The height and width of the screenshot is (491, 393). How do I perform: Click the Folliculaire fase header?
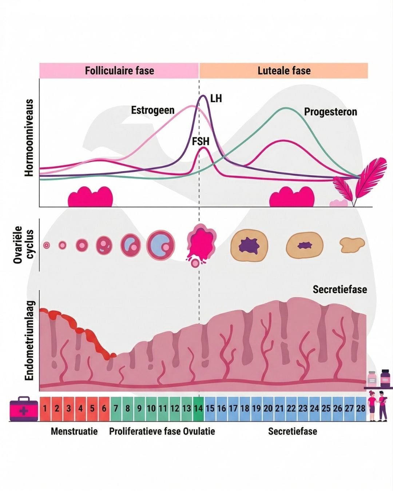[119, 71]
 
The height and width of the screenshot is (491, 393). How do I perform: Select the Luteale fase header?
[284, 71]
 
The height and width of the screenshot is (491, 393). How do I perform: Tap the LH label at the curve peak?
[216, 99]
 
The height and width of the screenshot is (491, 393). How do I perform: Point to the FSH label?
[201, 141]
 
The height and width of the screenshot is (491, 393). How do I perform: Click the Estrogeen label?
[152, 110]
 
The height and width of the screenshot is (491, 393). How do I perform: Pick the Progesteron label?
[330, 112]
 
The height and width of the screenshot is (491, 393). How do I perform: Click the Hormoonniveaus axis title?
[29, 138]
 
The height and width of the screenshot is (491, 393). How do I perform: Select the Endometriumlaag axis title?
[29, 340]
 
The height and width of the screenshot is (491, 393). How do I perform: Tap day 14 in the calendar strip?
[198, 408]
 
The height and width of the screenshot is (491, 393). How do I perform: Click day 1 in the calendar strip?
[45, 408]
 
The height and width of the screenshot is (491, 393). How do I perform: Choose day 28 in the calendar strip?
[361, 408]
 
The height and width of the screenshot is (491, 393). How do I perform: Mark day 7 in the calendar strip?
[116, 408]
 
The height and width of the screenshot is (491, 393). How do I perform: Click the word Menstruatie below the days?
[74, 431]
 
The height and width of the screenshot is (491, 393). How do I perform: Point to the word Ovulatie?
[199, 431]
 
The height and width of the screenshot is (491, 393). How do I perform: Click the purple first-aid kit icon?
[24, 409]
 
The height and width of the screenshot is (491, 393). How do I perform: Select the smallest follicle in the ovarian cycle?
[46, 245]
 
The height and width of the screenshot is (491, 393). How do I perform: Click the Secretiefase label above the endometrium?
[340, 290]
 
